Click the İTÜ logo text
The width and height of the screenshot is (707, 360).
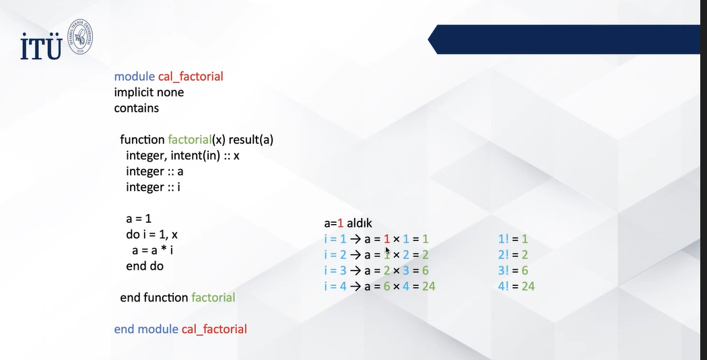coord(41,46)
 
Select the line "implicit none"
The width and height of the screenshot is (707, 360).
coord(149,92)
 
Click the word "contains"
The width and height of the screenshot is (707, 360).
coord(136,108)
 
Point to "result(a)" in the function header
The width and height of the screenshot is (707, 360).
coord(251,140)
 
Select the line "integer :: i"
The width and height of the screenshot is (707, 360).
coord(153,187)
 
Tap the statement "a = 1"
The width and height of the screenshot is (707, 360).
coord(139,219)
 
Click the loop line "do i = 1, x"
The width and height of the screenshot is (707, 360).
coord(152,235)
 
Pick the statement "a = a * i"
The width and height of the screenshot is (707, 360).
coord(152,250)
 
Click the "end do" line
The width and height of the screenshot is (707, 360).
coord(145,266)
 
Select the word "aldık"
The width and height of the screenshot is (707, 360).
coord(360,223)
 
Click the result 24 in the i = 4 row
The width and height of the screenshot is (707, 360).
coord(428,286)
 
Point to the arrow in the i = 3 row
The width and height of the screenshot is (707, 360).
coord(356,271)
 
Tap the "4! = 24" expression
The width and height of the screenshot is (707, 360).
coord(516,286)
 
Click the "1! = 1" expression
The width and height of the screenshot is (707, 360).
coord(512,239)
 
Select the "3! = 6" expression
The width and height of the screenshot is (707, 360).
coord(513,271)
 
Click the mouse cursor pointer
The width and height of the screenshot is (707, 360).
coord(388,251)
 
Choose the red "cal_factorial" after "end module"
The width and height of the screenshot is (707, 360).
coord(214,329)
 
